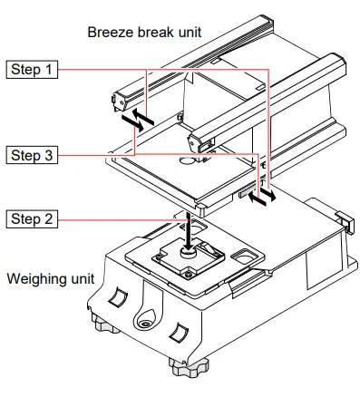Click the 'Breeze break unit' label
(144, 32)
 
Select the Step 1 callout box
(32, 69)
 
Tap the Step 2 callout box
(32, 218)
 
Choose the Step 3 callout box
(32, 155)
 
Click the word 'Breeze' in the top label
(111, 32)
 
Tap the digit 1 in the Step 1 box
(47, 69)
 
